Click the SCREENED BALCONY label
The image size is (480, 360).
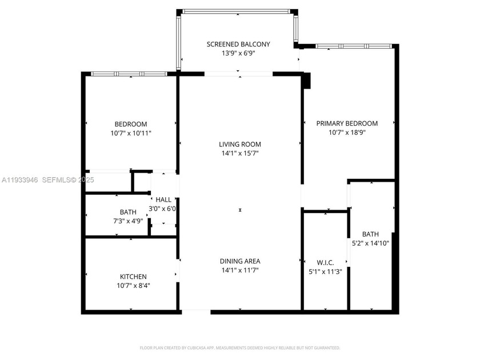click(238, 45)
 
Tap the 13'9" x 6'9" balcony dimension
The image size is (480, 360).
click(238, 53)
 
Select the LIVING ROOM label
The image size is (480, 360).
click(240, 144)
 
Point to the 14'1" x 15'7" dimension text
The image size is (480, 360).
click(240, 153)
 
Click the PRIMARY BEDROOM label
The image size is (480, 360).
click(347, 123)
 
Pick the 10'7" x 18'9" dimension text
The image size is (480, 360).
click(347, 132)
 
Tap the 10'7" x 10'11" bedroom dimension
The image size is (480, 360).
click(131, 133)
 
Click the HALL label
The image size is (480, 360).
click(163, 199)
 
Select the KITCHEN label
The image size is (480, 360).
click(133, 277)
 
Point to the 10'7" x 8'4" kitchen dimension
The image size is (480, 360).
click(133, 286)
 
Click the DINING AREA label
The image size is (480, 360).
click(240, 261)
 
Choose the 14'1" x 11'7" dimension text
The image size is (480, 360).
click(240, 270)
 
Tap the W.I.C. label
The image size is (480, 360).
click(325, 263)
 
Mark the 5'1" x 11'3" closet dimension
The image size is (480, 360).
click(325, 271)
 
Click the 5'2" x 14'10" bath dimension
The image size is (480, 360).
click(370, 243)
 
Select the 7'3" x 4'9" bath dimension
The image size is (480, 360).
click(128, 221)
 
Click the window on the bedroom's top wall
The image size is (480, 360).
click(129, 74)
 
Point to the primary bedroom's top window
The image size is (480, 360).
click(354, 46)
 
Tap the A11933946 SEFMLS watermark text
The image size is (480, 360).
click(48, 180)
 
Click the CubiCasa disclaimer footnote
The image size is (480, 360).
click(239, 348)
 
